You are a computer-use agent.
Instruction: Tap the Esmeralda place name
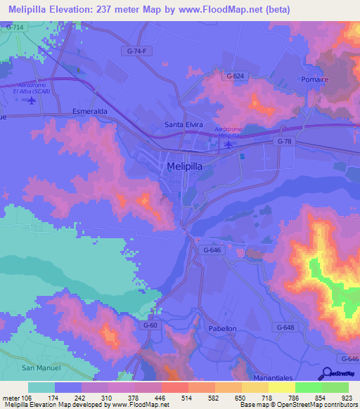pos(89,111)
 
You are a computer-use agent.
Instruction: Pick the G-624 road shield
pos(236,75)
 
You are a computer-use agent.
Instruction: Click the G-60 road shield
pos(150,325)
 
